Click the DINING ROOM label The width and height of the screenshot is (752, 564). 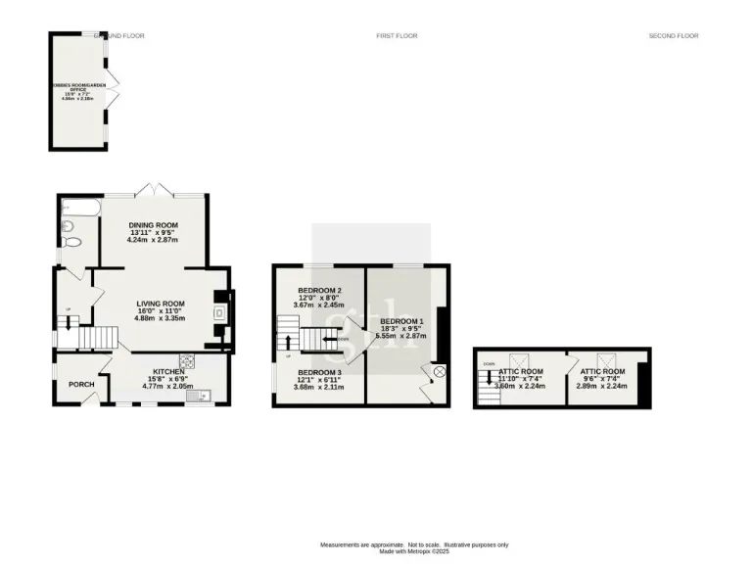153,225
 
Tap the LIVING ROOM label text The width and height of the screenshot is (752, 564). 161,304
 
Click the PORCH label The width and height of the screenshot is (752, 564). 80,384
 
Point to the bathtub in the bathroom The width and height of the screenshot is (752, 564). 71,209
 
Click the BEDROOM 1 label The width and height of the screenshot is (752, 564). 401,321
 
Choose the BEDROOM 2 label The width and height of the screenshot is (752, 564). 319,291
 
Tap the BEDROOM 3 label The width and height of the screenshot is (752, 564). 319,373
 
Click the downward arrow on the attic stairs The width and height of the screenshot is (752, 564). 490,378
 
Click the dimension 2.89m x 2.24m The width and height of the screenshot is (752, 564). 602,386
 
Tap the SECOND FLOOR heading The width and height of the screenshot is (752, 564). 674,36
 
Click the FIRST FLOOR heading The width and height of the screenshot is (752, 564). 397,36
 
